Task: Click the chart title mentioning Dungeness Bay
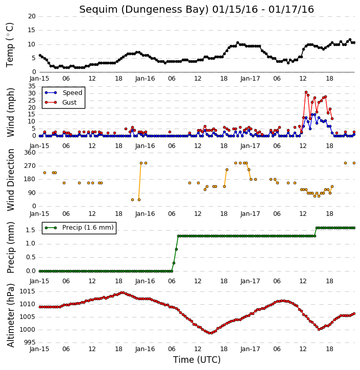point(197,9)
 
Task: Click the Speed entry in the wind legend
point(64,93)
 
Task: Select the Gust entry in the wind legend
point(61,103)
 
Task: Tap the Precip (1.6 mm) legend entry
point(79,228)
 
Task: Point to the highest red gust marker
point(306,92)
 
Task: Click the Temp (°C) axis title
point(10,45)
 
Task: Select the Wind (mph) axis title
point(10,112)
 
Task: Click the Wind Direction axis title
point(10,180)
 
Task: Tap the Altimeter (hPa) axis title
point(10,315)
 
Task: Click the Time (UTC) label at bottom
point(197,360)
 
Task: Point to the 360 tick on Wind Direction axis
point(30,153)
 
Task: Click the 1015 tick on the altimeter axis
point(27,291)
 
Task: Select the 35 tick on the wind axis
point(32,86)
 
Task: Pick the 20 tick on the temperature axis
point(32,16)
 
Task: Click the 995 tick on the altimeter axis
point(29,342)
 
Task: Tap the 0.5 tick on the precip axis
point(31,257)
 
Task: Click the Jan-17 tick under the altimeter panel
point(250,349)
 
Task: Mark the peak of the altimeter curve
point(122,293)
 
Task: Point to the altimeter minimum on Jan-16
point(210,333)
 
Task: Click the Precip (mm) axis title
point(10,248)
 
